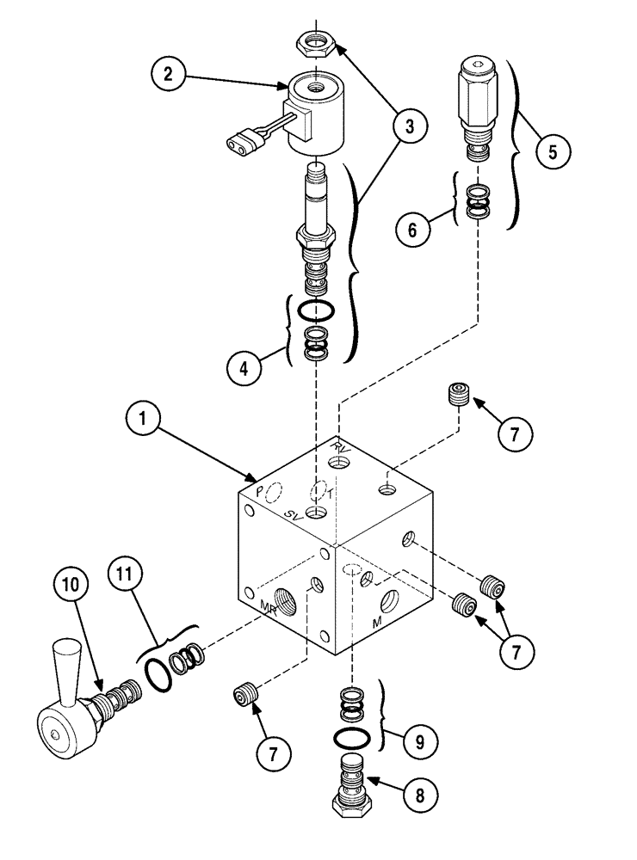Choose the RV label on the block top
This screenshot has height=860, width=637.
tap(344, 446)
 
